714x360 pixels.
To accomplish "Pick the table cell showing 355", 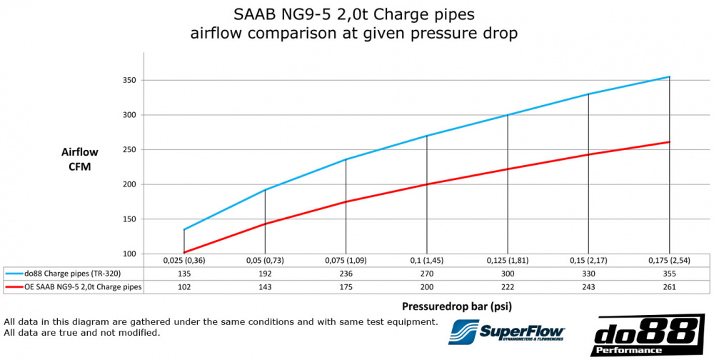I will click(669, 272).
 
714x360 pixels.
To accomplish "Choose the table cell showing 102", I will click(184, 286).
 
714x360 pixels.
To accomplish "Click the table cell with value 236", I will click(346, 272).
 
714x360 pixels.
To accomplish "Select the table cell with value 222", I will click(508, 286).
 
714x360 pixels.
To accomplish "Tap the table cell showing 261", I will click(669, 286).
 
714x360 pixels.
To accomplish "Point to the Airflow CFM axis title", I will click(79, 159).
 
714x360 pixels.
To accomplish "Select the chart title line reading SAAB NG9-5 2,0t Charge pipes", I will click(354, 14).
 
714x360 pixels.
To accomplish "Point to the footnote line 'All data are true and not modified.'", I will click(82, 333).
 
